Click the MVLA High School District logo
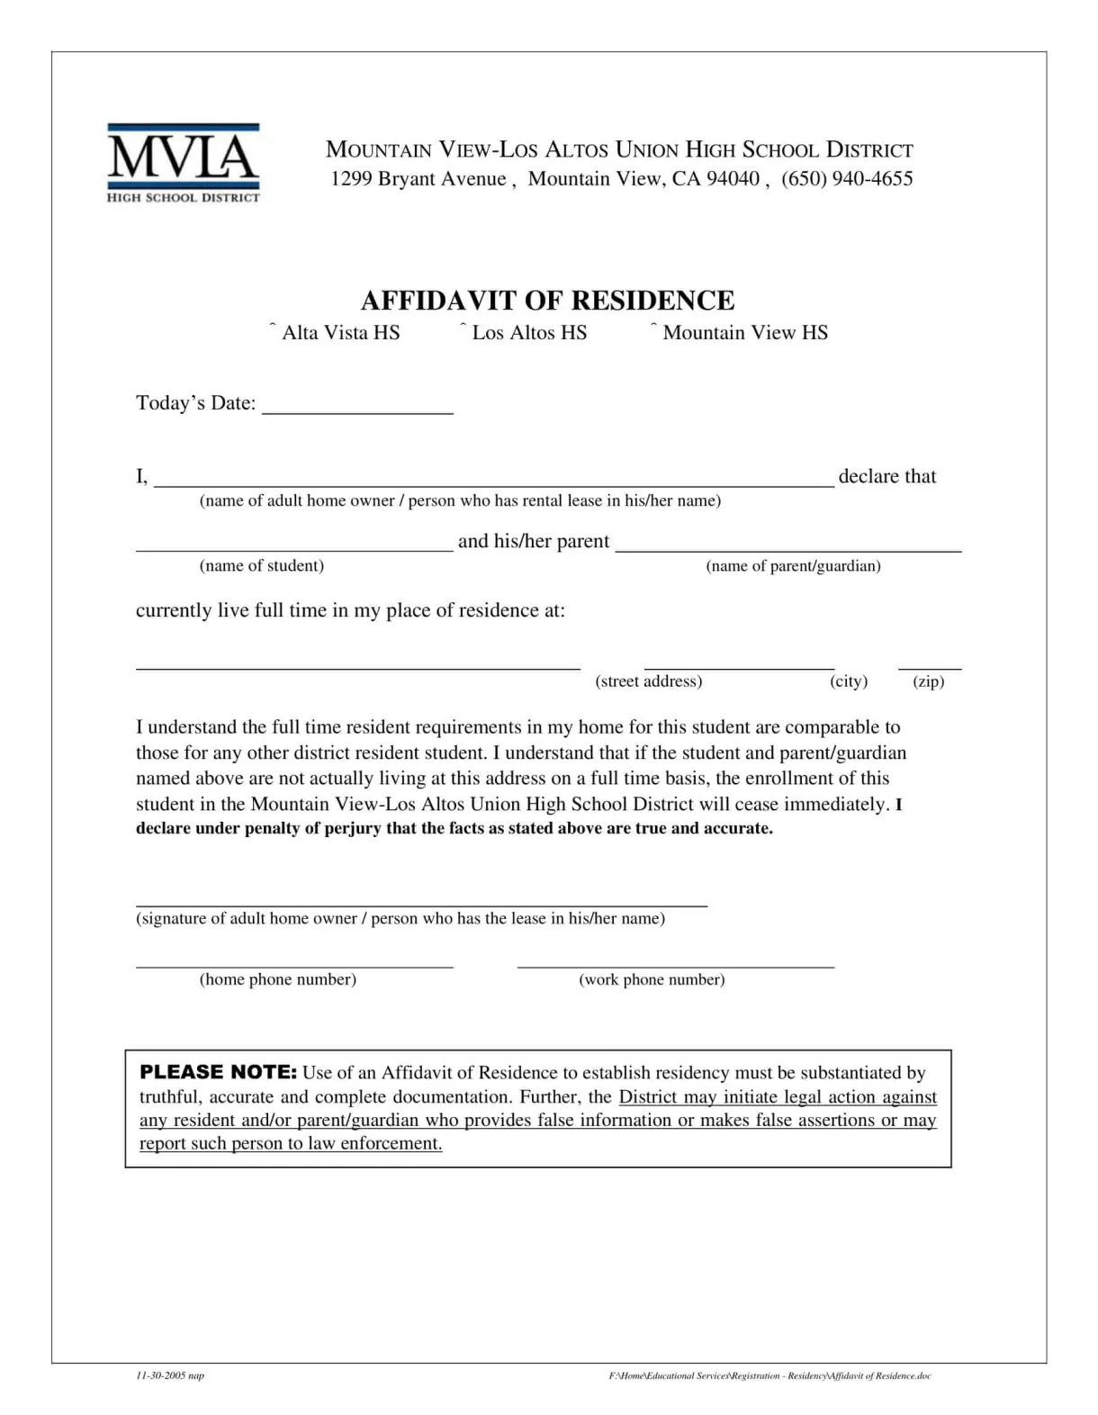[183, 163]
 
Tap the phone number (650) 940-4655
[847, 178]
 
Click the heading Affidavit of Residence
[547, 300]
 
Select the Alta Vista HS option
[273, 329]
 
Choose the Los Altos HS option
[463, 329]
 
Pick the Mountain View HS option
[654, 329]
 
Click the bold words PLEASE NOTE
[218, 1072]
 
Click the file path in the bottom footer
[769, 1375]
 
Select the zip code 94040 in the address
[733, 178]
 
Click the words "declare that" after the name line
[886, 476]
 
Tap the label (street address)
[648, 681]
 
